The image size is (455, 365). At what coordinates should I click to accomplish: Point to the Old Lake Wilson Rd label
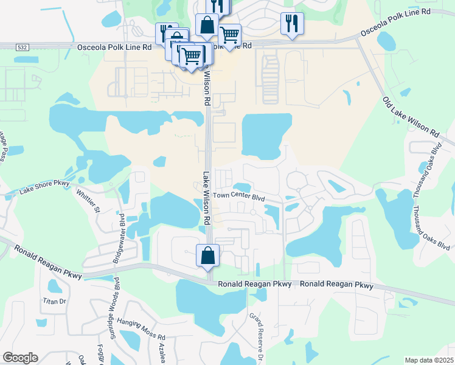[x=411, y=116]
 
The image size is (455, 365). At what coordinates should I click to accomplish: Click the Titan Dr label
[x=54, y=301]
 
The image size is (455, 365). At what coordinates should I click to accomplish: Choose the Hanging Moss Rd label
[x=141, y=336]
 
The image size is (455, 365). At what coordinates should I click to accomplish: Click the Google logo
[x=20, y=358]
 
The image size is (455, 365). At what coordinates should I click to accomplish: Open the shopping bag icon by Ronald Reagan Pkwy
[x=207, y=255]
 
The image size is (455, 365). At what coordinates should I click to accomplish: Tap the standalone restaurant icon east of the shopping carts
[x=292, y=24]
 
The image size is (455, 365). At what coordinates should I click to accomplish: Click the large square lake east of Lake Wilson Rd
[x=266, y=134]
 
